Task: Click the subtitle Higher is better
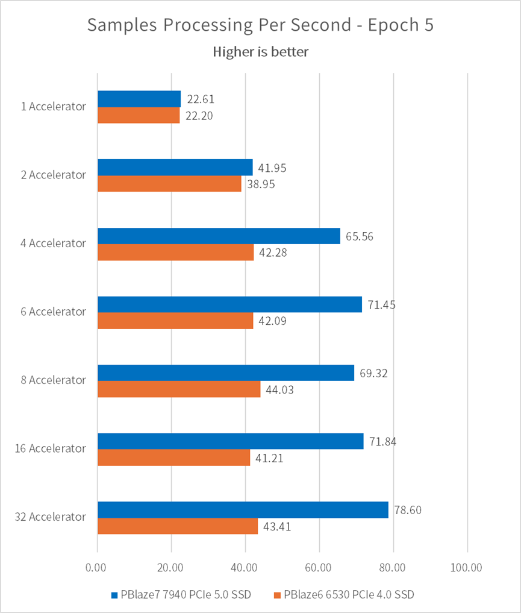(260, 52)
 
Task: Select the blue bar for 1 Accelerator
(139, 99)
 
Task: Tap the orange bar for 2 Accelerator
(169, 184)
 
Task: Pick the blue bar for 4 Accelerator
(219, 236)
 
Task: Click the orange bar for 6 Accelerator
(175, 321)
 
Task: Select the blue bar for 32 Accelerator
(243, 509)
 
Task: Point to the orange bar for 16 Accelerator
(173, 457)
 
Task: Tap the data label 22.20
(201, 116)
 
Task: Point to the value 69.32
(374, 373)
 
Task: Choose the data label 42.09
(273, 321)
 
